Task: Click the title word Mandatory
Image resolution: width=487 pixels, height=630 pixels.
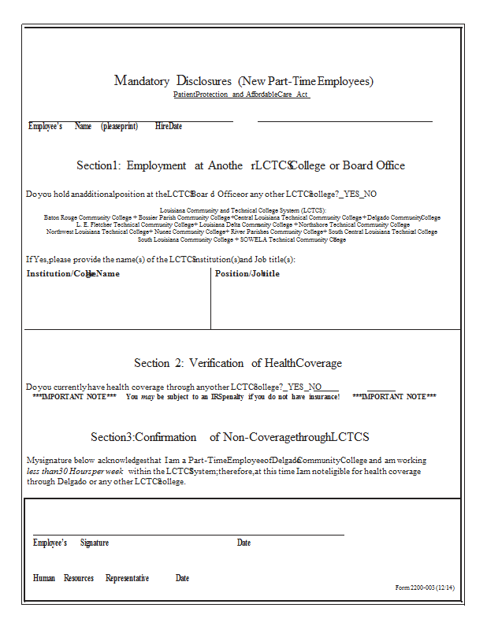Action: point(142,81)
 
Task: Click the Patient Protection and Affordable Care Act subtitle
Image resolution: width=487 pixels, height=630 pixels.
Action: point(241,94)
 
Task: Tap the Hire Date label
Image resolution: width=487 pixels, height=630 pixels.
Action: point(168,126)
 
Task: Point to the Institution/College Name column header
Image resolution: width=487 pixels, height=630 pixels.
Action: point(73,274)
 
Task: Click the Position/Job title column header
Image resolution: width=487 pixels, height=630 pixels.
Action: point(247,274)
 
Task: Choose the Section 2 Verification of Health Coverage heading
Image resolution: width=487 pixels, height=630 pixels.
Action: point(238,363)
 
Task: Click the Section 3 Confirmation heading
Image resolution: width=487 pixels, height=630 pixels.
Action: point(229,437)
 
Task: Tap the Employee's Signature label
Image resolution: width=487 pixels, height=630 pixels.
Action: point(71,543)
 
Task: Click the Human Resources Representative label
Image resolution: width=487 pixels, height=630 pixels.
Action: point(91,578)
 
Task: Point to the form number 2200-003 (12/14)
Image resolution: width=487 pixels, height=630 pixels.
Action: point(425,587)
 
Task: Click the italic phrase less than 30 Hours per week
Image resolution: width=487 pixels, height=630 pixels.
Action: point(75,471)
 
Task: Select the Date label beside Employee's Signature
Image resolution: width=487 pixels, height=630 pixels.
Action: point(243,543)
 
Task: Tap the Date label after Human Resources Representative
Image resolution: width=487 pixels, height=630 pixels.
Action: point(182,578)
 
